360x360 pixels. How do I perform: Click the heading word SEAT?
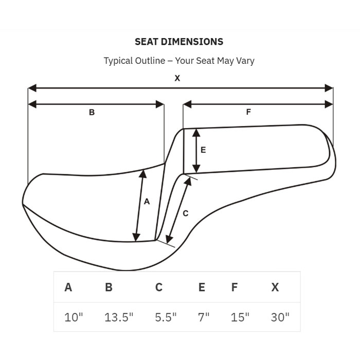point(147,42)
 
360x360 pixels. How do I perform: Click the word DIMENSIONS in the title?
point(192,42)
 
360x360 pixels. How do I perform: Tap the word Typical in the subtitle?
point(118,61)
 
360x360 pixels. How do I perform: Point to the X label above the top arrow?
point(177,78)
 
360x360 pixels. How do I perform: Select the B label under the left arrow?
point(92,112)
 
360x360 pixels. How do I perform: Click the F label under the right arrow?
point(248,112)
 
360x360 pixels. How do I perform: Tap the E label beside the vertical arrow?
point(203,150)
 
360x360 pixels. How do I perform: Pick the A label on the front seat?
point(147,202)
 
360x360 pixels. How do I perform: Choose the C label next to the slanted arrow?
point(186,213)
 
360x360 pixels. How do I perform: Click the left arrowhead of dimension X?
point(32,88)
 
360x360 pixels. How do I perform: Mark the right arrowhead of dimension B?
point(160,104)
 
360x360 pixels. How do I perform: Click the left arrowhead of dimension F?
point(187,104)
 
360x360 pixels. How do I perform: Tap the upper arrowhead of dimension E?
point(196,133)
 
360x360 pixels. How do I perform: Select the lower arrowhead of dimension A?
point(136,237)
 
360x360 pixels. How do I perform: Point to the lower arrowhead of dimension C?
point(169,240)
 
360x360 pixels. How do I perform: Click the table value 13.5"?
point(119,317)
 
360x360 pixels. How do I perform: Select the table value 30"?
point(280,317)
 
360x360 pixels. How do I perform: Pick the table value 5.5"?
point(166,317)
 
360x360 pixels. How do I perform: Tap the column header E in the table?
point(202,287)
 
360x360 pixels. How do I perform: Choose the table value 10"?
point(74,317)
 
